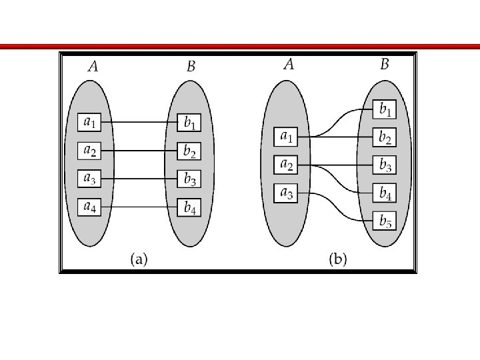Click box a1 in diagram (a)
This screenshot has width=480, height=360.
tap(89, 123)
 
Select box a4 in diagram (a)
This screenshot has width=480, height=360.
tap(89, 207)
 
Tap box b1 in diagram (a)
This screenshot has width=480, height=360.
tap(190, 123)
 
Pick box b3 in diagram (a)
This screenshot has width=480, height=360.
tap(190, 180)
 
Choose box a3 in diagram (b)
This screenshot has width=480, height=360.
tap(285, 193)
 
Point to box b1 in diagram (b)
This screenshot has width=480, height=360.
tap(385, 109)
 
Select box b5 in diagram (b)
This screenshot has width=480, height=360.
tap(385, 221)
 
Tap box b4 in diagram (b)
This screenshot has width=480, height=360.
tap(385, 193)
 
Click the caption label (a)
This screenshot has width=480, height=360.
tap(139, 259)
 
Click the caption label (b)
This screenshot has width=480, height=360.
tap(338, 259)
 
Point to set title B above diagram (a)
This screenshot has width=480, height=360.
tap(191, 67)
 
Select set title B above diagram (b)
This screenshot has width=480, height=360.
tap(385, 65)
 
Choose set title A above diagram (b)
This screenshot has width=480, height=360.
tap(289, 65)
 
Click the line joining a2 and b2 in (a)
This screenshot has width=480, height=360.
tap(139, 151)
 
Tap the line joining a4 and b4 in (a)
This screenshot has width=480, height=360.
tap(139, 207)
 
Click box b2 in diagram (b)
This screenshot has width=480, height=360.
tap(385, 137)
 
